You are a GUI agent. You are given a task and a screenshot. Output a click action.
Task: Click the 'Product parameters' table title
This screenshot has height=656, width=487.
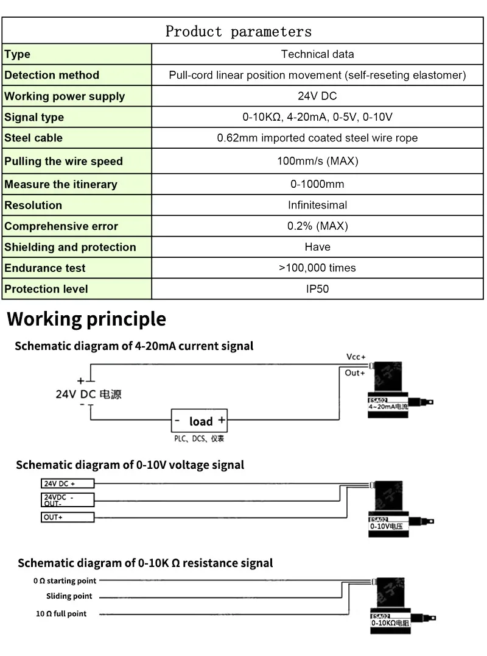[x=238, y=32]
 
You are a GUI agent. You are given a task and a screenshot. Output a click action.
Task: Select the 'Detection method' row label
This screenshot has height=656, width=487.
[x=52, y=75]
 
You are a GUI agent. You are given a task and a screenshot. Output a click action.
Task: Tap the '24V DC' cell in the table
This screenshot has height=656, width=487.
[x=317, y=96]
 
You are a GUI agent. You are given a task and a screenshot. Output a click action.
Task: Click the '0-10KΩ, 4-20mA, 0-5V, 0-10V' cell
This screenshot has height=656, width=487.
[x=317, y=117]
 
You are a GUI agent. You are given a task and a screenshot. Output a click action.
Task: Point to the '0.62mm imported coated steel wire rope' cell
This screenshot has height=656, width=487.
[x=317, y=138]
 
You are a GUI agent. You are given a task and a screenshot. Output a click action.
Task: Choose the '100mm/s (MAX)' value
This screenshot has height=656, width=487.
[x=317, y=161]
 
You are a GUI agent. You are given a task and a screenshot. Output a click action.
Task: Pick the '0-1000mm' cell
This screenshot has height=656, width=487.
[x=317, y=184]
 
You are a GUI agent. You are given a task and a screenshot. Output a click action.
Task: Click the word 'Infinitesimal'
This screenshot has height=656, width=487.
[x=317, y=205]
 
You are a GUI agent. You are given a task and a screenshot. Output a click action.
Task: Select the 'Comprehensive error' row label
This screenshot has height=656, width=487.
[x=61, y=226]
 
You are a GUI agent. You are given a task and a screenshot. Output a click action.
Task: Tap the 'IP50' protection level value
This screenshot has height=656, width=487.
[x=317, y=289]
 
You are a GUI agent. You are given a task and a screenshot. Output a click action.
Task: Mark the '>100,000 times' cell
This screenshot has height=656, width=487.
[x=317, y=268]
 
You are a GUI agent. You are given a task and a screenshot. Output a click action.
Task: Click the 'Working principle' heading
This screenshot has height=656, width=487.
[x=86, y=319]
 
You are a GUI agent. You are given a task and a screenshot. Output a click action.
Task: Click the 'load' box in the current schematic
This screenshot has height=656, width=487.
[x=199, y=421]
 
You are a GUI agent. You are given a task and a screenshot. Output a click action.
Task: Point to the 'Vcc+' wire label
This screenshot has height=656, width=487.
[x=356, y=357]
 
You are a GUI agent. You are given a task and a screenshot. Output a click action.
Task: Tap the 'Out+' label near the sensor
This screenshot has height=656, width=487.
[x=354, y=373]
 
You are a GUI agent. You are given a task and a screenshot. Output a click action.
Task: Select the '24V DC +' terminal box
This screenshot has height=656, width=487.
[x=67, y=483]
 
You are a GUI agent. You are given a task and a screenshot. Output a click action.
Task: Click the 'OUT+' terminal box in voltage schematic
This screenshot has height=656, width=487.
[x=67, y=517]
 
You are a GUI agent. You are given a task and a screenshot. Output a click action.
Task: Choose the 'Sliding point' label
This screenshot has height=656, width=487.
[x=69, y=596]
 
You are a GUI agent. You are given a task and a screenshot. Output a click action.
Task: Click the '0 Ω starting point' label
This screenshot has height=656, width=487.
[x=65, y=581]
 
